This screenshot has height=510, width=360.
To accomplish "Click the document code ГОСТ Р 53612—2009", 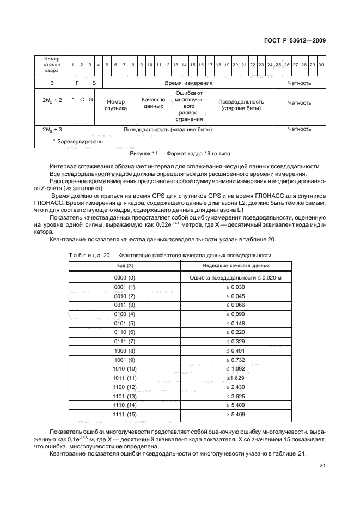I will point(295,39).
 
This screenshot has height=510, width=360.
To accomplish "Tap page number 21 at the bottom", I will point(321,466).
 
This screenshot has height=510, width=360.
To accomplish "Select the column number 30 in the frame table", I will point(321,65).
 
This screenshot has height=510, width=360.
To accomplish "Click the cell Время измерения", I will point(188,83).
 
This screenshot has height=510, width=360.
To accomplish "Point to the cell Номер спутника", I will point(115,105).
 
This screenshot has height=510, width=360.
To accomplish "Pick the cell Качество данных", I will point(153,102).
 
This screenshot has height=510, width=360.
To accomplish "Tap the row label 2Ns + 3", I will point(52,130).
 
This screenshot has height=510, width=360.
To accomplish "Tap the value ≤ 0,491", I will point(236,350).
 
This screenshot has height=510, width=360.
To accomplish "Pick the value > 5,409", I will point(236,414).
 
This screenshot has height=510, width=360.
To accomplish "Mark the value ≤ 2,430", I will point(236,387).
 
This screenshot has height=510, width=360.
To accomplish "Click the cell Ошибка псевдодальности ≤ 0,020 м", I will point(236,278).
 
